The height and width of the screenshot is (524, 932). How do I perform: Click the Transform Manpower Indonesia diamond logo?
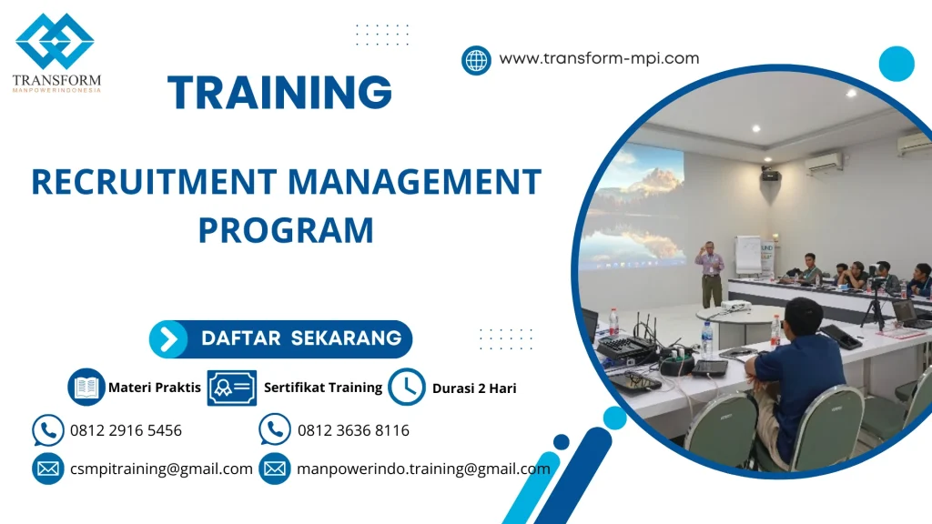[55, 41]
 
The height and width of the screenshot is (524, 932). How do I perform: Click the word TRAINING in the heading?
[280, 92]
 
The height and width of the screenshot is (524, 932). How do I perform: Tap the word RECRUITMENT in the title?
[154, 182]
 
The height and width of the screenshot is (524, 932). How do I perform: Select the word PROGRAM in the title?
[286, 230]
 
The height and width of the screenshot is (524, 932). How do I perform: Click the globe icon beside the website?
[476, 60]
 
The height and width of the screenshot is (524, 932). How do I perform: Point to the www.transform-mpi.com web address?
[599, 58]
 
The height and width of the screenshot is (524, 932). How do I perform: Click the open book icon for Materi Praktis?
[86, 388]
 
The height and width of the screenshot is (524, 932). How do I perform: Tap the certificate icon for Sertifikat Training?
[232, 388]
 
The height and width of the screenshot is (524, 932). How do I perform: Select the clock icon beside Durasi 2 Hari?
[407, 388]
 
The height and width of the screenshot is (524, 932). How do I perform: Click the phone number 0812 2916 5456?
[126, 430]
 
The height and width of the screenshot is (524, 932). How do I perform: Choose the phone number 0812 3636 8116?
[354, 430]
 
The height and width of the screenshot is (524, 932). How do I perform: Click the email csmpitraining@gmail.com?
[161, 469]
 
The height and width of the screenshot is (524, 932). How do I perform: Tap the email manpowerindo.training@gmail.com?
[423, 469]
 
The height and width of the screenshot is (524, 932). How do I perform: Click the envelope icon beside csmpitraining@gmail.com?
[48, 469]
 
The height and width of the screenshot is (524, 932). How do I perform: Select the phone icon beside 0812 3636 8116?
[275, 429]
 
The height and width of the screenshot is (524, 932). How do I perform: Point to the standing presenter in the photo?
[710, 274]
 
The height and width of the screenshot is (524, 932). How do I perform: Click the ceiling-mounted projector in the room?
[771, 175]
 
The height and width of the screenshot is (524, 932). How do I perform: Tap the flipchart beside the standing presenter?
[748, 255]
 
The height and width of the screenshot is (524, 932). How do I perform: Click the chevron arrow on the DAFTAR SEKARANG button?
[168, 339]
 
